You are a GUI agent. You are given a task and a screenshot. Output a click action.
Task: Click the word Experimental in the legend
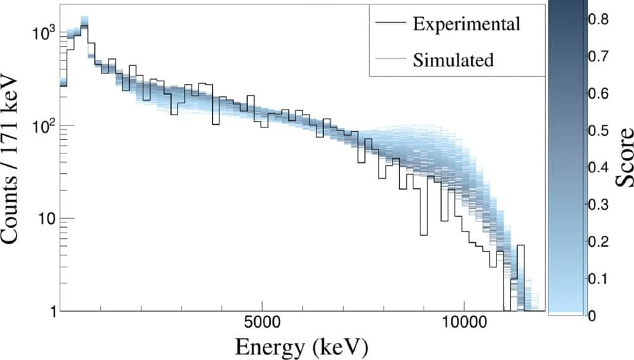coord(466,24)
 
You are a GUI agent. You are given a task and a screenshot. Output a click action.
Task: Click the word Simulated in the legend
coord(453,60)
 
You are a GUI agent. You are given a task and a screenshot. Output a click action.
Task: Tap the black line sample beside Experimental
coord(391,23)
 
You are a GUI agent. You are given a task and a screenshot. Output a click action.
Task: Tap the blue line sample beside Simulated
coord(391,58)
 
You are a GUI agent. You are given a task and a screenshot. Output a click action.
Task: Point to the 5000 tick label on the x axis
coord(262,323)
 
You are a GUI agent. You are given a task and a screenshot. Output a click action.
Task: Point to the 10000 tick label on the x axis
coord(463,323)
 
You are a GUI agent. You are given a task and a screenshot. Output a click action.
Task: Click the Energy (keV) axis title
coord(302,346)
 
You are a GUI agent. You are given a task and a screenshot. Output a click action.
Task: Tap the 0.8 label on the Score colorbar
coord(598,19)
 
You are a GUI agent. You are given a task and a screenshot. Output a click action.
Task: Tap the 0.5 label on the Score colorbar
coord(598,131)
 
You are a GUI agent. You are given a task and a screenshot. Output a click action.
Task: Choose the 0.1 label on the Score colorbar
coord(598,279)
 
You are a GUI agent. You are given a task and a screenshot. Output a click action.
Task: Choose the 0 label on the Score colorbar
coord(592,315)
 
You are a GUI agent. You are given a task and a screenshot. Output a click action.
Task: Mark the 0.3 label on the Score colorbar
coord(598,205)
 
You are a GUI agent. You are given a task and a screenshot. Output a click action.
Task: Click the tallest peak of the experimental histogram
coord(84,26)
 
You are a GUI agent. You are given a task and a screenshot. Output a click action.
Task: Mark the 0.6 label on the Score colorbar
coord(598,93)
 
